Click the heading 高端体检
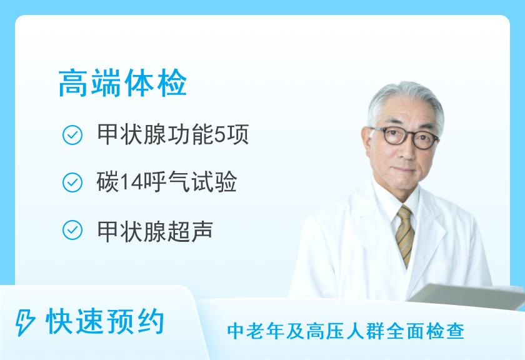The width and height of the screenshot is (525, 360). click(x=122, y=83)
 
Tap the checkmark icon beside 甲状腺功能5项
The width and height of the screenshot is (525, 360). click(x=72, y=135)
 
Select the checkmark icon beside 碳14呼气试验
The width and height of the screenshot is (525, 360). click(x=72, y=182)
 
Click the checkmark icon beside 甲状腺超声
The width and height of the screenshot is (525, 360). click(x=72, y=230)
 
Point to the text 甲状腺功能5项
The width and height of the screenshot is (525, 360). click(x=172, y=134)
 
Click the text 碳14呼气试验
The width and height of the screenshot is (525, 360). click(x=167, y=182)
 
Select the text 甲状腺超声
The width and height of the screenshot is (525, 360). click(x=155, y=231)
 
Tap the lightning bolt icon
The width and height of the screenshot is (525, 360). click(x=24, y=322)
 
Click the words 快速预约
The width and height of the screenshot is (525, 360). click(x=105, y=322)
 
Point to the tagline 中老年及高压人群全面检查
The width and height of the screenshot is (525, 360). click(x=346, y=331)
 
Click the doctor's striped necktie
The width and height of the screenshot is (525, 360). click(x=405, y=235)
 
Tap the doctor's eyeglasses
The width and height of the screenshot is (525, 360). click(x=405, y=137)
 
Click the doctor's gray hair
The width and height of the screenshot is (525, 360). click(x=406, y=101)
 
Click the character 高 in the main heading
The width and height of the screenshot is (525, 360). click(x=74, y=83)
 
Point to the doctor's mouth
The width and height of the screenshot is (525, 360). click(x=405, y=171)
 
